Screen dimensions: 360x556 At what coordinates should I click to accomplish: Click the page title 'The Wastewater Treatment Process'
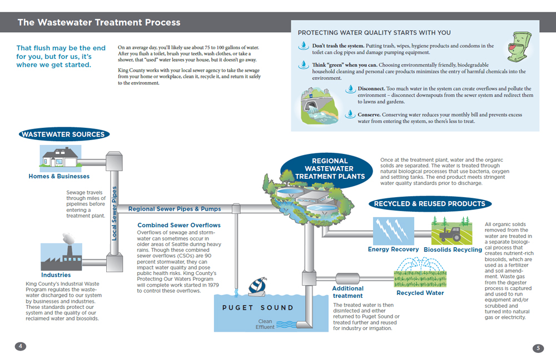point(99,23)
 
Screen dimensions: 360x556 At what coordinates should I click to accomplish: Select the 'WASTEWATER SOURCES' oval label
point(63,134)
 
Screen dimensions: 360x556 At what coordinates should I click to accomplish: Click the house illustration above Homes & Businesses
point(59,157)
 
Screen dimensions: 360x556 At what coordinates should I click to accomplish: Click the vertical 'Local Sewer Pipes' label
point(115,213)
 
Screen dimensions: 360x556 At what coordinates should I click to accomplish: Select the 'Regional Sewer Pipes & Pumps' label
point(175,209)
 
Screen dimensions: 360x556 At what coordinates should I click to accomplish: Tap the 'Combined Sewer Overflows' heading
point(179,225)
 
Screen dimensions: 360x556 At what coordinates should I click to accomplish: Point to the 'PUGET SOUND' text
point(258,307)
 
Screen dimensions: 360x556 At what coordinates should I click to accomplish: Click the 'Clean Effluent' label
point(265,324)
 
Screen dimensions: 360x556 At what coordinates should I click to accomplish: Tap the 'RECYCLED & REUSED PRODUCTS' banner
point(429,204)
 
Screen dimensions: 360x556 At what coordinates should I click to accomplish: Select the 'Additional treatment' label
point(348,292)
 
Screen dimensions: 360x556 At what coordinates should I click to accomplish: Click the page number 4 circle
point(20,346)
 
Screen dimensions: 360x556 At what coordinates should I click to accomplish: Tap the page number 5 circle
point(538,348)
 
